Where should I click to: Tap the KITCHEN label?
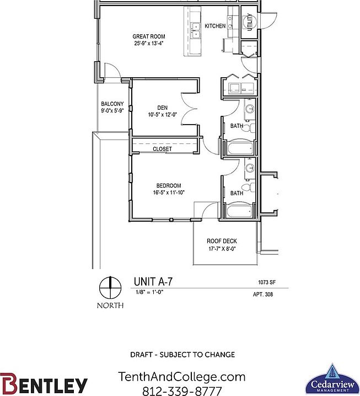coord(215,26)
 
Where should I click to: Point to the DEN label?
coord(162,108)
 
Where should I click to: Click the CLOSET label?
coord(162,149)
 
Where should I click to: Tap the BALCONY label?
coord(112,104)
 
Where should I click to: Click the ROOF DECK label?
coord(222,241)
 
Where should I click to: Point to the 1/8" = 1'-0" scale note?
coord(149,292)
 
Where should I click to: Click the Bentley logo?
coord(44,383)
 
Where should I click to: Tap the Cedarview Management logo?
coord(332,379)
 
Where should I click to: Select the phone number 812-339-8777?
coord(182,391)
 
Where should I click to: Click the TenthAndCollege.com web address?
coord(182,377)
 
